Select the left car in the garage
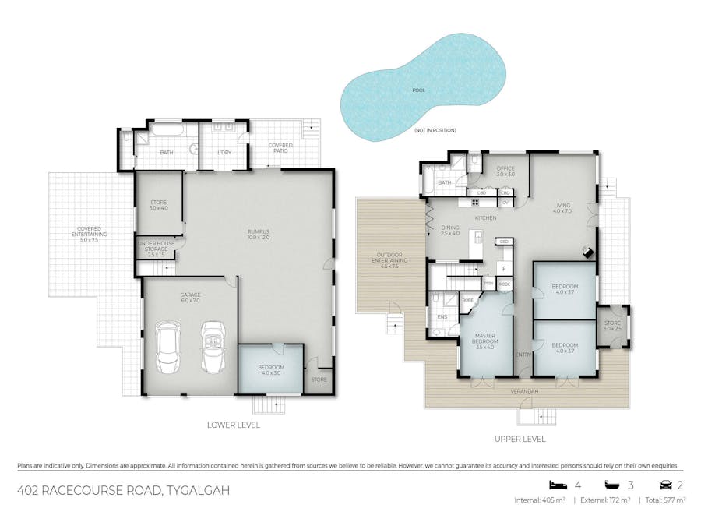pyautogui.click(x=168, y=348)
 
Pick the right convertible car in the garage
pyautogui.click(x=213, y=348)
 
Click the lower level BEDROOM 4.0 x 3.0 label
pyautogui.click(x=271, y=370)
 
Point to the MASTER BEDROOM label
pyautogui.click(x=484, y=341)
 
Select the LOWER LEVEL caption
pyautogui.click(x=234, y=425)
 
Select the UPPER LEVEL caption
pyautogui.click(x=520, y=440)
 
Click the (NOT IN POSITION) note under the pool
pyautogui.click(x=435, y=129)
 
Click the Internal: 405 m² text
pyautogui.click(x=541, y=500)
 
